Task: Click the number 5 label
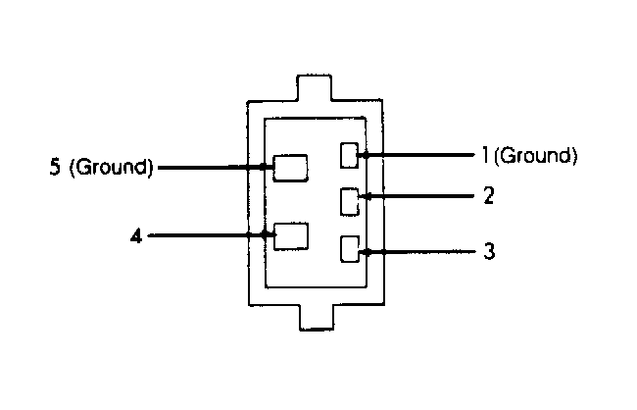[x=55, y=167]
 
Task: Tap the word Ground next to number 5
[x=111, y=167]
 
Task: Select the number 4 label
[x=136, y=236]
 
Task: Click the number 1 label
[x=485, y=155]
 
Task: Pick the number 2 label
[x=489, y=195]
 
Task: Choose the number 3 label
[x=490, y=251]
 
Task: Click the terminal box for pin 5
[x=290, y=168]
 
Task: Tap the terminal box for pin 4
[x=291, y=236]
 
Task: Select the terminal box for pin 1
[x=349, y=155]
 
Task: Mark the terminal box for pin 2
[x=350, y=201]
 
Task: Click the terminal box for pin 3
[x=350, y=249]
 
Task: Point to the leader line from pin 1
[x=418, y=155]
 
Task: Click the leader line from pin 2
[x=417, y=196]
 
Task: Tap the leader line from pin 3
[x=418, y=252]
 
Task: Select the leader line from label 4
[x=212, y=235]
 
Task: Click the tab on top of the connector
[x=314, y=87]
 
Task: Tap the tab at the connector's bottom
[x=317, y=317]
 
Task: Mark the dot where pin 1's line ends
[x=366, y=155]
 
